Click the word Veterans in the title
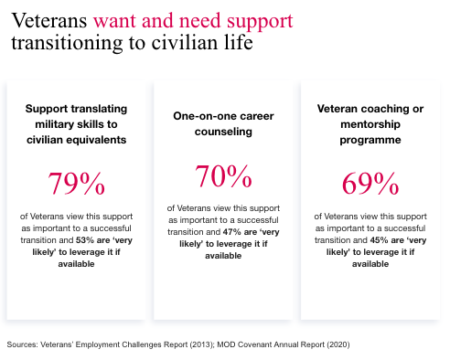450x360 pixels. tap(48, 18)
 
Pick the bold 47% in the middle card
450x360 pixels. tap(229, 233)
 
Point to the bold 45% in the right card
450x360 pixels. tap(376, 240)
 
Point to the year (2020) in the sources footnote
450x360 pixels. tap(333, 344)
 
